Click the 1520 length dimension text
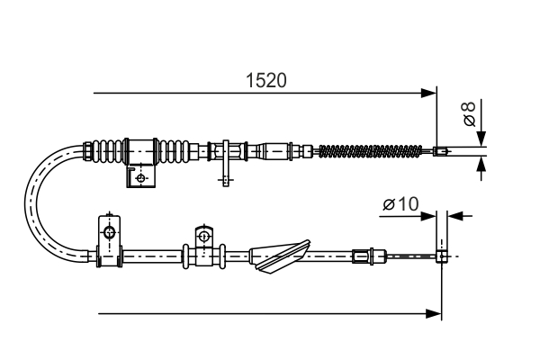(x=266, y=80)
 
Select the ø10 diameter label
(x=400, y=205)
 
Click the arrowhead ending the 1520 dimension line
(x=427, y=92)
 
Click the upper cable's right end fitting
(x=440, y=150)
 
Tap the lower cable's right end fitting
(x=442, y=256)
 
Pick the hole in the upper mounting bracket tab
(x=141, y=178)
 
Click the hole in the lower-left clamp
(x=109, y=234)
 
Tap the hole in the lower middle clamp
(x=203, y=238)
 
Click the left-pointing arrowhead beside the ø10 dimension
(x=454, y=215)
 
